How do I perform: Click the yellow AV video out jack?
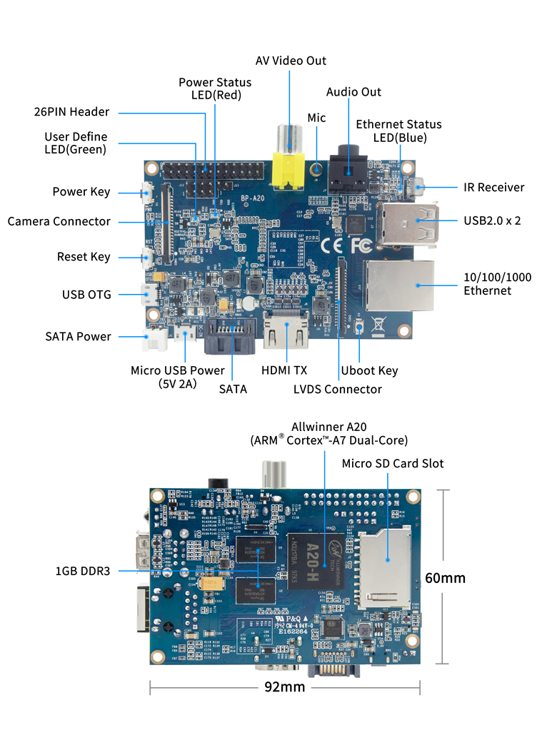pos(289,168)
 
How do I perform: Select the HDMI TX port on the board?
pos(286,331)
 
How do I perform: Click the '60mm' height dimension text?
pos(443,577)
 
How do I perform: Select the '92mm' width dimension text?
pos(284,686)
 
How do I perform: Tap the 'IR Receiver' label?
pos(493,188)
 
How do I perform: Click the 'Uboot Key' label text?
pos(369,370)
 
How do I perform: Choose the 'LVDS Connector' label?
pos(337,389)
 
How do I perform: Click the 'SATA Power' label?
pos(78,336)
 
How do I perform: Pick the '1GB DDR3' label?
pos(83,571)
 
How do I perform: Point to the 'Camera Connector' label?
pos(59,221)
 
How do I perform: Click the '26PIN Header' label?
pos(71,112)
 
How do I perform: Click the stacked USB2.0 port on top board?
pos(405,221)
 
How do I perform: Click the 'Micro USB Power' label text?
pos(177,370)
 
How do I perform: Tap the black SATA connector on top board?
pos(230,338)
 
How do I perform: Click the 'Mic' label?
pos(316,117)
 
